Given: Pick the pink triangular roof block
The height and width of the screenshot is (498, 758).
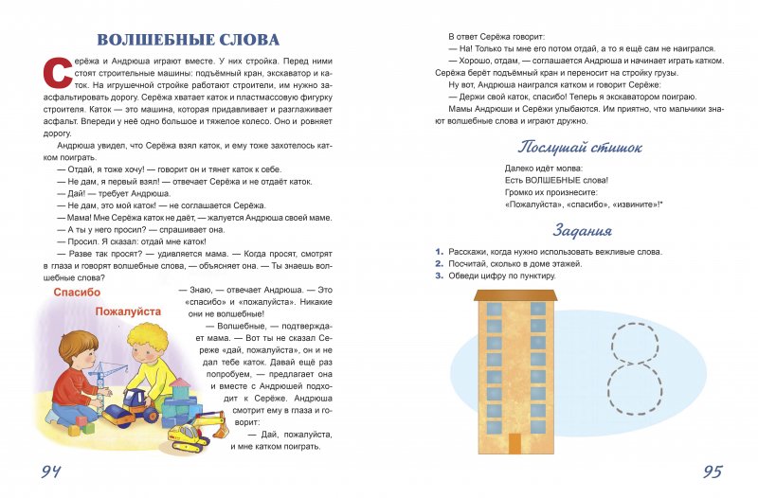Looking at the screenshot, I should pyautogui.click(x=179, y=386).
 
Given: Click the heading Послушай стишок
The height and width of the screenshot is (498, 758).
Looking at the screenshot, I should pyautogui.click(x=580, y=147).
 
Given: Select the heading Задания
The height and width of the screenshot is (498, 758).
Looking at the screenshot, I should pyautogui.click(x=582, y=230).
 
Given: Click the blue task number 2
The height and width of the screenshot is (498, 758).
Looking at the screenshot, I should pyautogui.click(x=439, y=264).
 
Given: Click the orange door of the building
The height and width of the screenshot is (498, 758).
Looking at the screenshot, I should pyautogui.click(x=514, y=443).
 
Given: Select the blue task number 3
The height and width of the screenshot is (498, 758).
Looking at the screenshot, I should pyautogui.click(x=439, y=276).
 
